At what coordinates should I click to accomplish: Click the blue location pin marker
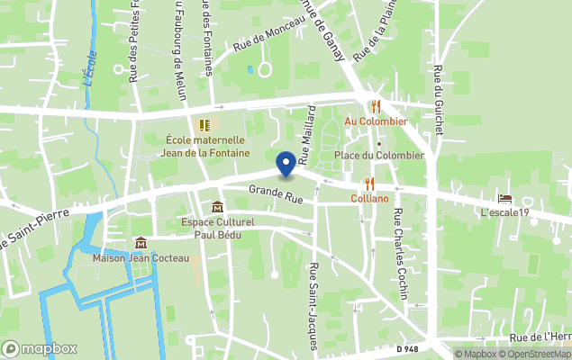click(x=286, y=164)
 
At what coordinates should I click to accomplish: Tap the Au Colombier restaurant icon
click(x=376, y=105)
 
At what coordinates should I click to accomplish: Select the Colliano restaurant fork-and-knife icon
click(x=369, y=184)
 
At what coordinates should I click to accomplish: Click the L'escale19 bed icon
click(x=504, y=198)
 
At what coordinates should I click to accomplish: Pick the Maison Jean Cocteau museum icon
click(x=141, y=243)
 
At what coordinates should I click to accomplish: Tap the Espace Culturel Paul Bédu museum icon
click(x=217, y=207)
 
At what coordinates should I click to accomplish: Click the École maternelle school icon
click(x=204, y=124)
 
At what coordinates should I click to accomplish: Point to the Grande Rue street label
click(x=276, y=192)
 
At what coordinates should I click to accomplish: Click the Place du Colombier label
click(x=378, y=155)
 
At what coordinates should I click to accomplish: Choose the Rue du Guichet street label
click(x=438, y=99)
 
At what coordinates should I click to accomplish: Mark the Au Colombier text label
click(x=376, y=121)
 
